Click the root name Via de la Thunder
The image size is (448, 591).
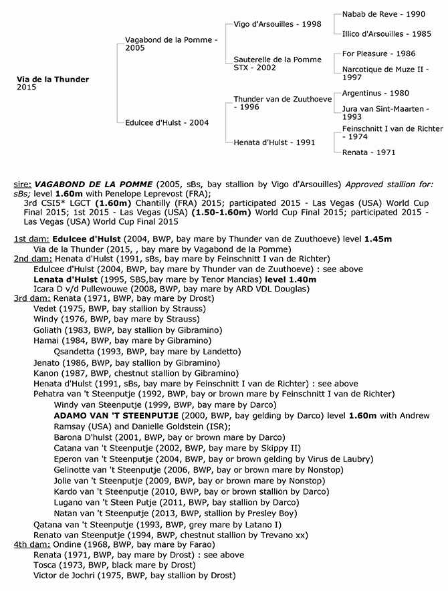[x=53, y=80]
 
